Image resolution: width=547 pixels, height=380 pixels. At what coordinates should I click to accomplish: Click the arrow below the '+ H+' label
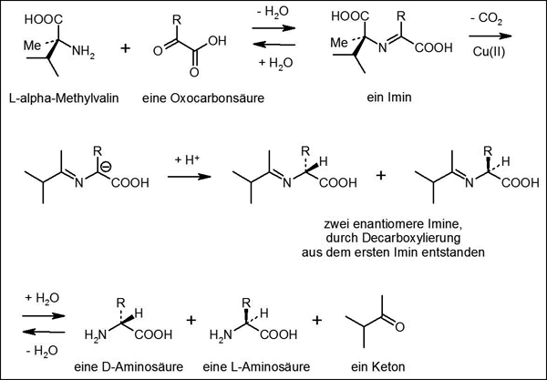188,180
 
